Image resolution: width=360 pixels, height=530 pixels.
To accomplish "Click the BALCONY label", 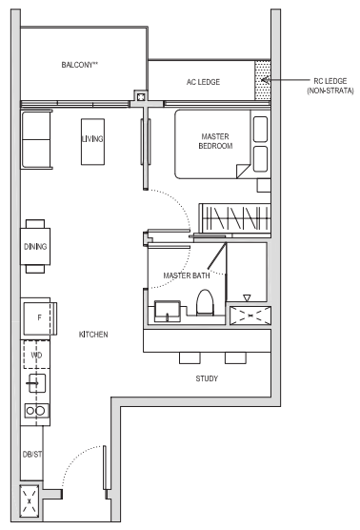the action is click(x=80, y=65).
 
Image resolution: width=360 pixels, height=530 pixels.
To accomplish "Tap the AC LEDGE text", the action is click(x=203, y=82).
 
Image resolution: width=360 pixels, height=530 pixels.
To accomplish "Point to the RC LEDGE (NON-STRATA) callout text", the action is click(x=330, y=86).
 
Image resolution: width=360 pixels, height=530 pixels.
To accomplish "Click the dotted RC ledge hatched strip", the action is click(x=263, y=80).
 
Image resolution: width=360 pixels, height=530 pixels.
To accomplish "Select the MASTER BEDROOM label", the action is click(x=215, y=141).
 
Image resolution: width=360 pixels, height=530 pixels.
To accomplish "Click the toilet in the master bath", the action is click(x=205, y=302).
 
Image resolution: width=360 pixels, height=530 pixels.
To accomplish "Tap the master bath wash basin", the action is click(x=168, y=311).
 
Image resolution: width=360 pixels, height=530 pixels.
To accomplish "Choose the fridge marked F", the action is click(x=39, y=318).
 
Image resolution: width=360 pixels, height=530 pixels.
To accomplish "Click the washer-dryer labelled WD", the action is click(x=36, y=355).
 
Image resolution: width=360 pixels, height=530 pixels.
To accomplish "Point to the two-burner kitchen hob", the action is click(x=36, y=411).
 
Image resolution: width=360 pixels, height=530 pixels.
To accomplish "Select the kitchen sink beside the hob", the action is click(x=37, y=383).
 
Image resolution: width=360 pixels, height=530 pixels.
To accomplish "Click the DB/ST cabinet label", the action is click(x=32, y=455).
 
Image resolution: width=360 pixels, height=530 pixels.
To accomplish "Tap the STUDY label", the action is click(x=207, y=378).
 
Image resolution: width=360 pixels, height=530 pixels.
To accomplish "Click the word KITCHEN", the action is click(x=93, y=335).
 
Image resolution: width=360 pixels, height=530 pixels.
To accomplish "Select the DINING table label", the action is click(x=35, y=246).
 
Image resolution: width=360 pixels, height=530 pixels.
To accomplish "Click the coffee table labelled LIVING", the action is click(x=92, y=142).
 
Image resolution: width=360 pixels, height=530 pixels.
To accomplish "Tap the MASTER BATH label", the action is click(x=187, y=275).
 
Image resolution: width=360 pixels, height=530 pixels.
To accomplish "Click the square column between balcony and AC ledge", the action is click(x=141, y=97).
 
